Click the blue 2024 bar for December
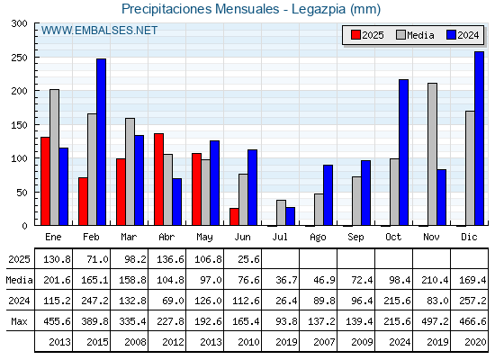(x=479, y=139)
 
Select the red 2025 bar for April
(x=158, y=179)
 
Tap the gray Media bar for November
(x=432, y=154)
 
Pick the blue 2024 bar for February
(x=101, y=142)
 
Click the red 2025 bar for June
(x=234, y=217)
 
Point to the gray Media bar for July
(x=281, y=212)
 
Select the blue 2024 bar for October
(x=403, y=152)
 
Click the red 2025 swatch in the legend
(x=355, y=35)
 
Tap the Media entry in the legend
(x=415, y=35)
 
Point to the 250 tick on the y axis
(x=36, y=58)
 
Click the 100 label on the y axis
(x=19, y=158)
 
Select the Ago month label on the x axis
(x=318, y=238)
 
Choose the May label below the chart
(x=204, y=238)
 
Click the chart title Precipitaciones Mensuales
(x=201, y=9)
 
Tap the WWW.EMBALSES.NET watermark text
(x=99, y=31)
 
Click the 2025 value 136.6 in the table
(x=170, y=259)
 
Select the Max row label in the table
(x=19, y=321)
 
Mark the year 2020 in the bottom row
(x=475, y=342)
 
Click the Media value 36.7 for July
(x=286, y=280)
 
